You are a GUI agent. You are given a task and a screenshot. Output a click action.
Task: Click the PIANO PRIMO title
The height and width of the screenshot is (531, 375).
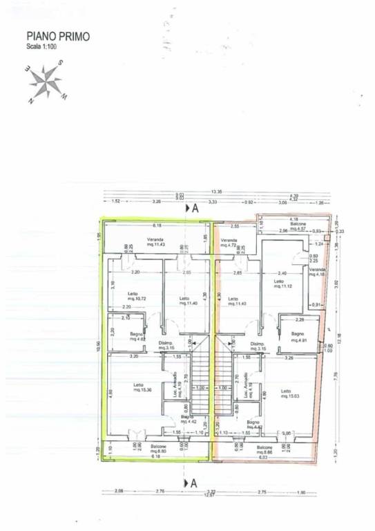(58, 36)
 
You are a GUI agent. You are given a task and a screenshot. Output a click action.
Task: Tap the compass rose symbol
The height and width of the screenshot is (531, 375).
(47, 82)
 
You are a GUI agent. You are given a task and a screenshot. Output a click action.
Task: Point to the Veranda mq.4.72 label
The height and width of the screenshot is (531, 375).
(229, 243)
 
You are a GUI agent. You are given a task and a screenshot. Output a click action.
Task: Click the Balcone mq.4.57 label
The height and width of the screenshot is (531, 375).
(298, 227)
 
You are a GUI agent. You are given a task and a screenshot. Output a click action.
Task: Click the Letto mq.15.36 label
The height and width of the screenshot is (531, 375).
(139, 387)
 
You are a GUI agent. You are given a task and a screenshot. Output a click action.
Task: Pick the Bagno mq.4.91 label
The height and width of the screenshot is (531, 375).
(298, 337)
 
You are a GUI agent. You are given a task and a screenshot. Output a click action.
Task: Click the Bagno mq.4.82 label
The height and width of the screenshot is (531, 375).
(137, 337)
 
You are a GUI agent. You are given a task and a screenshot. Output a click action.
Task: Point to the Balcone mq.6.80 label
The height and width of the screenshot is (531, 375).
(158, 449)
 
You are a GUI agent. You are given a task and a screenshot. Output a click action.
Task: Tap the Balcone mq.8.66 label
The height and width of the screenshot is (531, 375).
(266, 449)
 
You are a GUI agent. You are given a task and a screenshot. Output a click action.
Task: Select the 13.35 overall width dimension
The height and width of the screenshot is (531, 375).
(217, 193)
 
